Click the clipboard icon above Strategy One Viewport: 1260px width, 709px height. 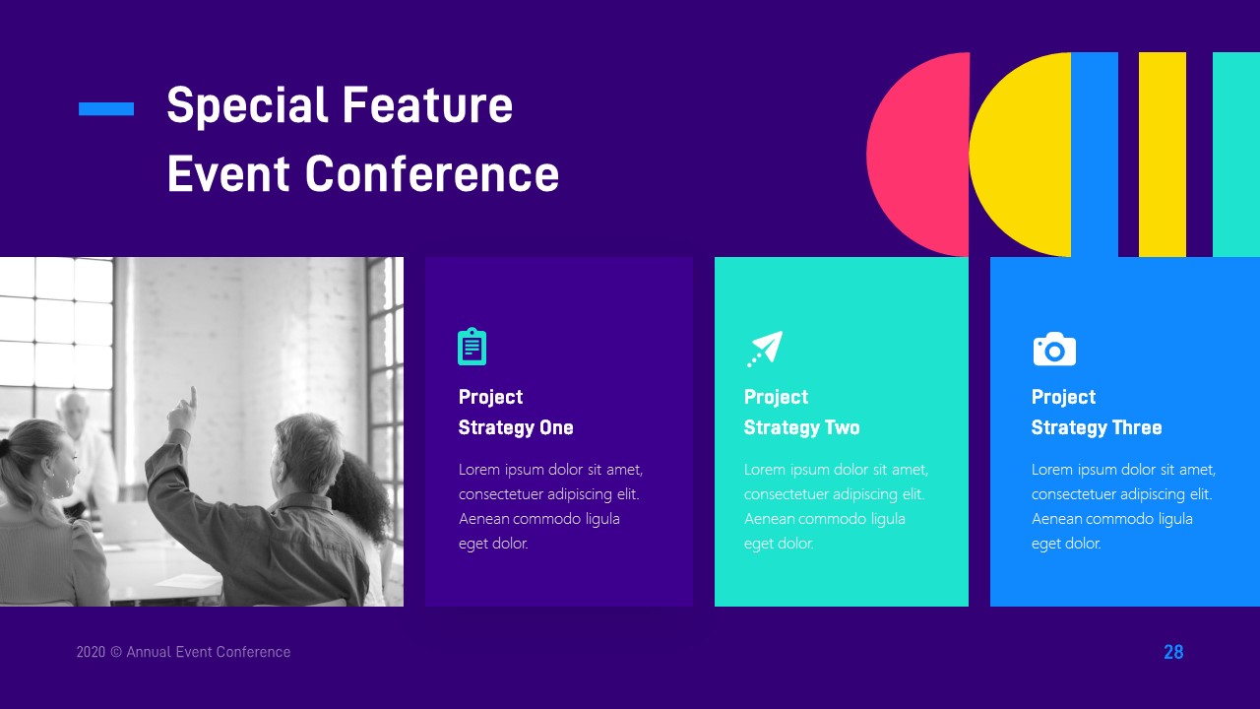pos(472,347)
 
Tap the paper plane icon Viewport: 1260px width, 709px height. pos(764,349)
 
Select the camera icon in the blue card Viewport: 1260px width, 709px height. pos(1054,349)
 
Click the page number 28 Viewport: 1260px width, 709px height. pos(1173,652)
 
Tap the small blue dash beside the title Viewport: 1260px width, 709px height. pos(106,109)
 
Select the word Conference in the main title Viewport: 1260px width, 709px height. pos(431,174)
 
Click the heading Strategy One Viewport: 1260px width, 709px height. pos(516,427)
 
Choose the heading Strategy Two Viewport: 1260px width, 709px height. pos(801,427)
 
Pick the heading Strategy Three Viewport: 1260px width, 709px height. pos(1096,427)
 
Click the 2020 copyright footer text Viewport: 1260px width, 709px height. pos(183,652)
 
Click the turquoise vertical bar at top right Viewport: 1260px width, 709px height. pos(1235,155)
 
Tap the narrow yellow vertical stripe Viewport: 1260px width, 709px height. pos(1162,155)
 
